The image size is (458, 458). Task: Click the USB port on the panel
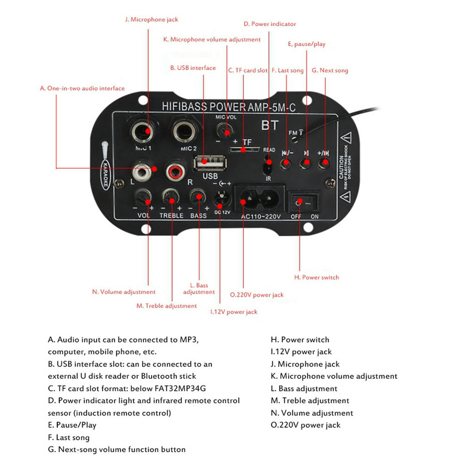click(x=207, y=162)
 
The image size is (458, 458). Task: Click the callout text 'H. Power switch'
click(x=316, y=277)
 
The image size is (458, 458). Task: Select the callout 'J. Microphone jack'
click(x=151, y=20)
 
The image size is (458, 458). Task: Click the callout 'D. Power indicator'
click(x=269, y=24)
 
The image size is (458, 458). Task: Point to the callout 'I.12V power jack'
click(x=234, y=312)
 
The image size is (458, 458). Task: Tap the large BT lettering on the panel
click(x=270, y=125)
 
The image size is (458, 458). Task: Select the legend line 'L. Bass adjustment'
click(x=304, y=389)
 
